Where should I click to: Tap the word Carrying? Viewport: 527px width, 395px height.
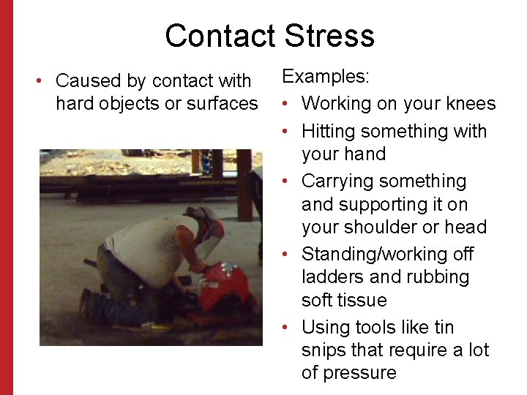337,181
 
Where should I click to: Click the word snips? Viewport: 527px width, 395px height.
326,350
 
